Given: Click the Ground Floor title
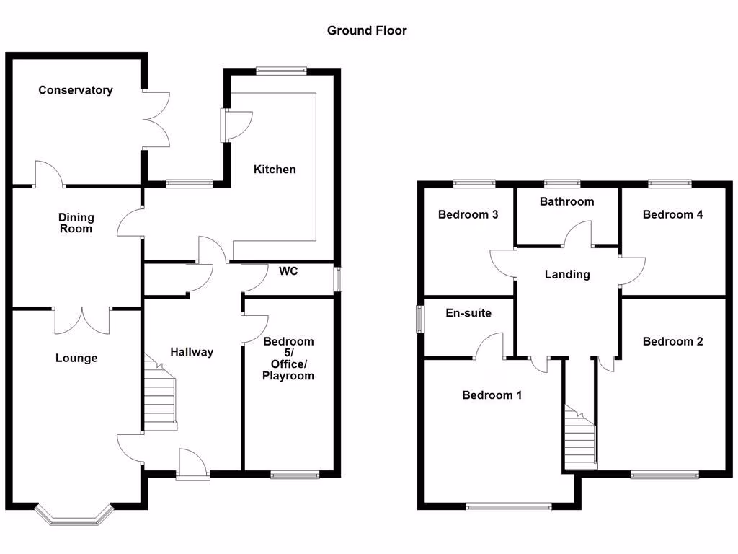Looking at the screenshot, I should (x=367, y=30).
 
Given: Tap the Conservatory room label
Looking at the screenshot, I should (x=76, y=90).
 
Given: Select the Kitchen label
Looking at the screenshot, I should (x=275, y=170).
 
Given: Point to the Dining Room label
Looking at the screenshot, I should (x=76, y=223).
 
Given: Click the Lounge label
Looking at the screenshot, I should (x=76, y=359).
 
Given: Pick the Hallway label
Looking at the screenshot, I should (x=192, y=352).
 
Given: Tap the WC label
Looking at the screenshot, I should (x=289, y=271).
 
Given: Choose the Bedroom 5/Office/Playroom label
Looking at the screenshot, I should (x=288, y=359).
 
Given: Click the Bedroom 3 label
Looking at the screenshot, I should (x=468, y=214).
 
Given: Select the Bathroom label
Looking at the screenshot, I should (x=567, y=201).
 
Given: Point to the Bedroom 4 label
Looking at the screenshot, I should (x=673, y=214).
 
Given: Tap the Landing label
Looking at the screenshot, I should (x=567, y=274).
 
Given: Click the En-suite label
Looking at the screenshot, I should (x=468, y=313).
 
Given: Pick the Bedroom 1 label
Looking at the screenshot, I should (x=492, y=395).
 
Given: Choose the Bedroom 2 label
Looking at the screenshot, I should (x=673, y=341).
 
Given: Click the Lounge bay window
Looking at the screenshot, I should (x=75, y=514).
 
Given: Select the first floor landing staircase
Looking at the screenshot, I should (x=581, y=436).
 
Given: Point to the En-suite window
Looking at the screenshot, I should (x=419, y=320).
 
